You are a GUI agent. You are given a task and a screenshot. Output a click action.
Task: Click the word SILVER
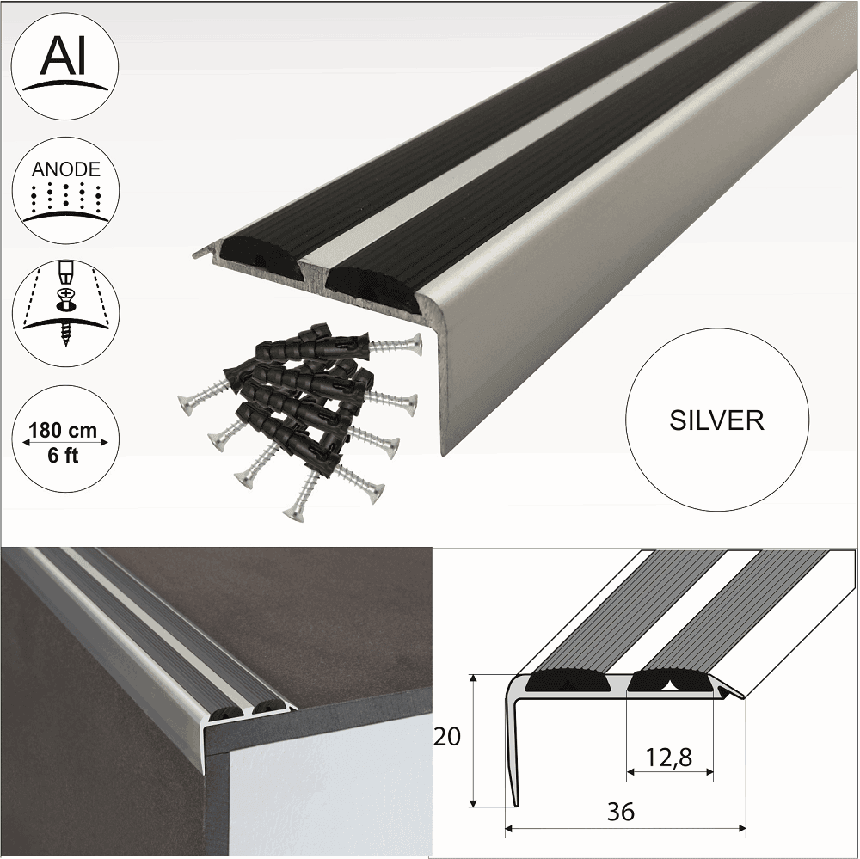tap(716, 420)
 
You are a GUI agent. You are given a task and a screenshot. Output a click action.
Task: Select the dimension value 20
tap(447, 737)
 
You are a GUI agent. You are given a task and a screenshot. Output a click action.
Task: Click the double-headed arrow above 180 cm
tap(65, 443)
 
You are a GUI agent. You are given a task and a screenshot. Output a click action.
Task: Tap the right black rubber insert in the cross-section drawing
tap(670, 683)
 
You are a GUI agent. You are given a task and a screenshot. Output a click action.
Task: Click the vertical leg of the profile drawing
tap(513, 748)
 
